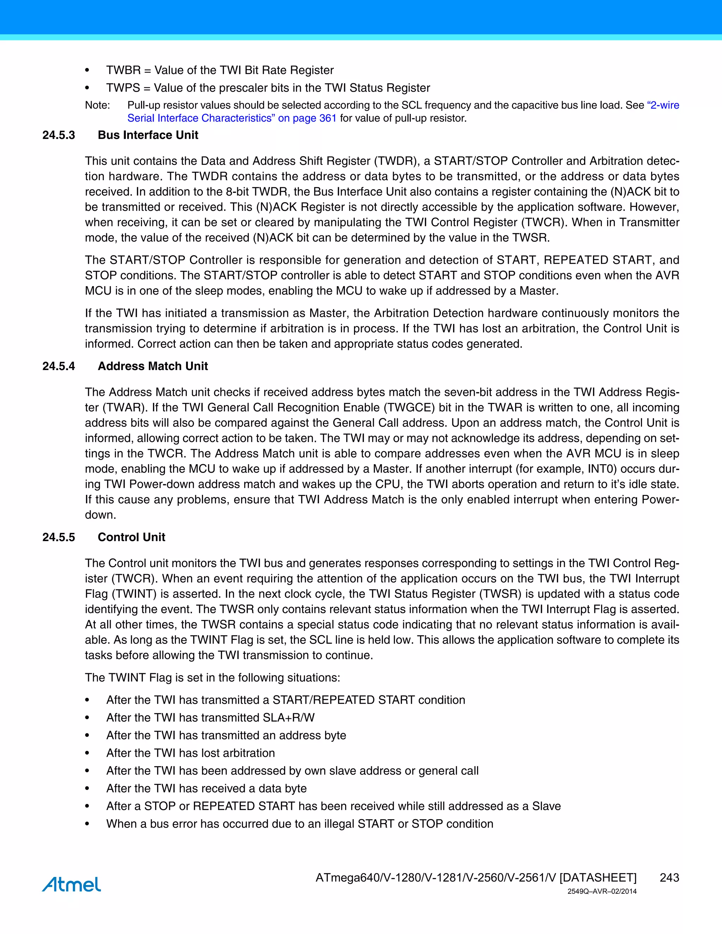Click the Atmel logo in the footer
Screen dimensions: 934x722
point(72,884)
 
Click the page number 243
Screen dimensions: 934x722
point(669,878)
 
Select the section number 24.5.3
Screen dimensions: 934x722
point(59,135)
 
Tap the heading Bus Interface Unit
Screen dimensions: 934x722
point(148,135)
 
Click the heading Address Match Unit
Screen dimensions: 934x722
point(153,366)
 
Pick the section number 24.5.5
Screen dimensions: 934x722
point(59,537)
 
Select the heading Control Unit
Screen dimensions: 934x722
point(131,537)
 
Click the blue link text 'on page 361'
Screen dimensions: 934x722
point(307,118)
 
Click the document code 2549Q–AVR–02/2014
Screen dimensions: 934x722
point(602,892)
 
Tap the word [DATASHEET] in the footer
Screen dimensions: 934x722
point(598,878)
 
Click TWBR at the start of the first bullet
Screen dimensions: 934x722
point(123,70)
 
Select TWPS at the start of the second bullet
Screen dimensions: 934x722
point(123,88)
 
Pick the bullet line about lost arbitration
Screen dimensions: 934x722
point(190,753)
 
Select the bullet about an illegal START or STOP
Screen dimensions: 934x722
point(299,824)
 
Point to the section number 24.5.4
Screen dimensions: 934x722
point(59,366)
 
